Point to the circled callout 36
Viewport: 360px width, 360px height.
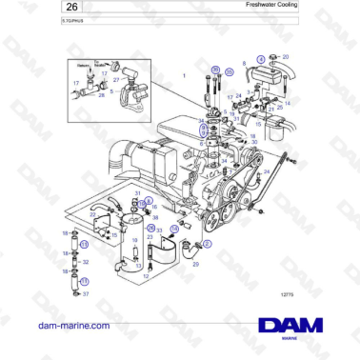(x=215, y=70)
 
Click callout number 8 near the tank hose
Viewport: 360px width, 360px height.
(x=245, y=64)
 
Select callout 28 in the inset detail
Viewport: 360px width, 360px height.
(x=102, y=95)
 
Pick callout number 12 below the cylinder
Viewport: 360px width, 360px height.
(x=146, y=276)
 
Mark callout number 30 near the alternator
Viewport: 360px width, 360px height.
(x=254, y=142)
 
